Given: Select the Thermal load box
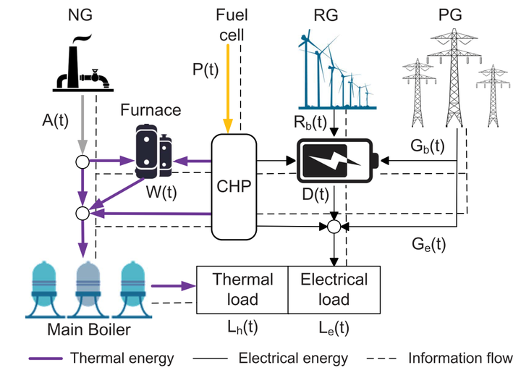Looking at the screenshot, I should click(x=242, y=290).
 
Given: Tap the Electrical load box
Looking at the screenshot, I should click(x=334, y=290).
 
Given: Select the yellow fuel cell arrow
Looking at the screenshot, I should click(x=229, y=87).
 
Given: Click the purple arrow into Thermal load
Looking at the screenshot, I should click(x=178, y=285).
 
